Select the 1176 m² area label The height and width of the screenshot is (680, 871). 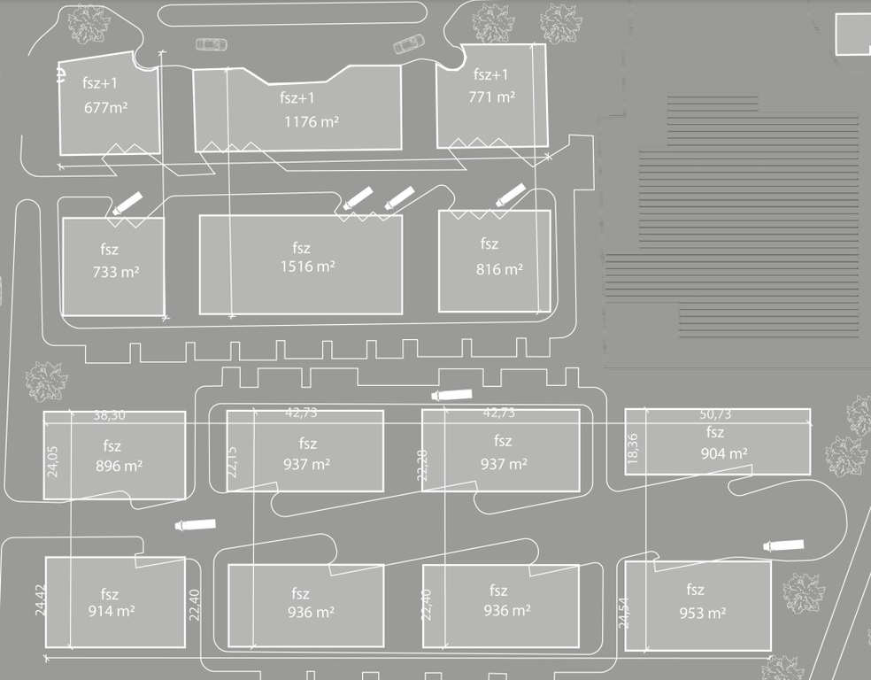(311, 121)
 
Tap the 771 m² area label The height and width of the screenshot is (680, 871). (491, 97)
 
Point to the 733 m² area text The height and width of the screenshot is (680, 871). (115, 272)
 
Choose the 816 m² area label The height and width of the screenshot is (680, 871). (499, 269)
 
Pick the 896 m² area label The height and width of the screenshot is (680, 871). (119, 465)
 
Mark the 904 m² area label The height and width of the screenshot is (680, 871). (724, 453)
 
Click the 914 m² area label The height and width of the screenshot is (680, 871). (111, 611)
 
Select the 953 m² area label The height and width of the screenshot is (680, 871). (703, 612)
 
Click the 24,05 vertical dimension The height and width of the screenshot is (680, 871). (54, 460)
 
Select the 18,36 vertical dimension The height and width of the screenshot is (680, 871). (632, 450)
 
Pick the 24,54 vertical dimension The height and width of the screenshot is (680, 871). (626, 613)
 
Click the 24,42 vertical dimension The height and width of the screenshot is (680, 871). (39, 600)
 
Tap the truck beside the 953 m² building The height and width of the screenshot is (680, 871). (783, 545)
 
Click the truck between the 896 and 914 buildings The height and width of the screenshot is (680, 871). (195, 524)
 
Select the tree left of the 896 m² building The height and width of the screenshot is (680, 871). (46, 381)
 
